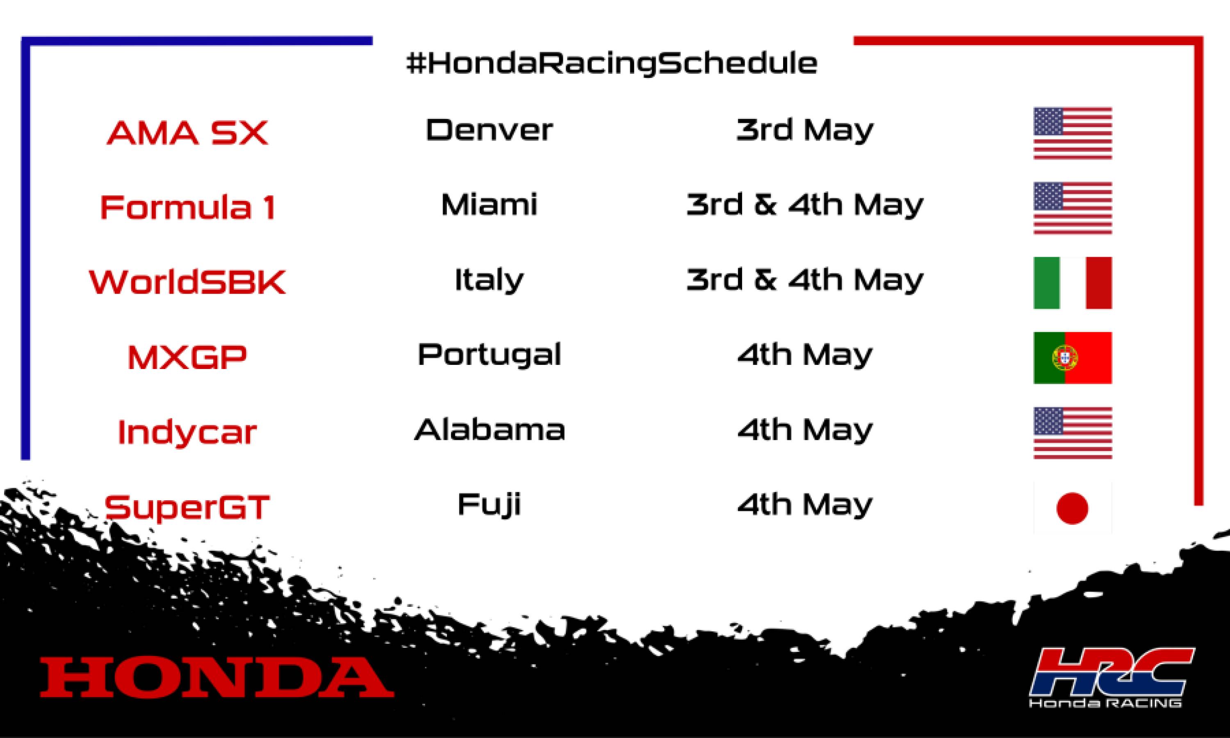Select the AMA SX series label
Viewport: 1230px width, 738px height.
187,133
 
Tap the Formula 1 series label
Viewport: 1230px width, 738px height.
187,207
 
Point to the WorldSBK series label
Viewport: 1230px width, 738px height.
187,282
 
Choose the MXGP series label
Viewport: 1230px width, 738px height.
187,357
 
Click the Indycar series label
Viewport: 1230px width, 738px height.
187,432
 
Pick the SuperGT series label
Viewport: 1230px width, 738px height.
187,507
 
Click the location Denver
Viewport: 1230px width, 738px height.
489,130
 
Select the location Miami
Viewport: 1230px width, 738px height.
489,205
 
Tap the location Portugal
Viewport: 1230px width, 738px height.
489,355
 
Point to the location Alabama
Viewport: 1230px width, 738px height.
489,430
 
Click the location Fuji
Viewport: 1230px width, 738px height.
489,505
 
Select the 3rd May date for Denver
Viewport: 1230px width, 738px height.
804,130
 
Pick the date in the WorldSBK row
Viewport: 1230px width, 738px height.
804,280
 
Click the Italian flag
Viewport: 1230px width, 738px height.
1073,283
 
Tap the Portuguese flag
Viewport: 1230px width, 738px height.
1073,358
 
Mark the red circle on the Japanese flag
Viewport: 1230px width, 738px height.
1073,508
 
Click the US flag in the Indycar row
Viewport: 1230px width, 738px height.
1073,433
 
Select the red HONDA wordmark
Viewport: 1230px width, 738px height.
217,677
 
